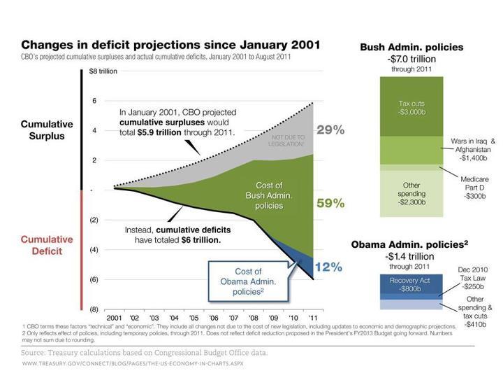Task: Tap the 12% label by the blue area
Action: pos(328,267)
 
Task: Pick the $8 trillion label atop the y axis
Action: pos(103,71)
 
